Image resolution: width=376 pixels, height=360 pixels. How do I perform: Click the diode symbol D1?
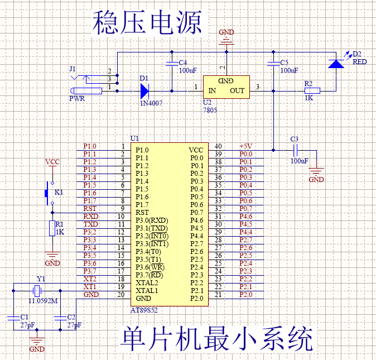point(144,90)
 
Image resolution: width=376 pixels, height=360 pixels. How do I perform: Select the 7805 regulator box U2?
point(226,87)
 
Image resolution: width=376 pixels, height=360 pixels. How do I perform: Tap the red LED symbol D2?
point(336,63)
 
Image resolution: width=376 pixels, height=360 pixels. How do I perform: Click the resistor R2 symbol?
point(311,90)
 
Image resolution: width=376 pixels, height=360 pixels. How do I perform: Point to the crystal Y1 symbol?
point(37,290)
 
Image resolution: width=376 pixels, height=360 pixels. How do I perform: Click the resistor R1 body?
point(52,229)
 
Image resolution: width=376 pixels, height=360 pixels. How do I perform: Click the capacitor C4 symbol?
point(171,64)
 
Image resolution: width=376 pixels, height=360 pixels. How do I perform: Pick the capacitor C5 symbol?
point(273,64)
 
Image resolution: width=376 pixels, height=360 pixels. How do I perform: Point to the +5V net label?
point(245,146)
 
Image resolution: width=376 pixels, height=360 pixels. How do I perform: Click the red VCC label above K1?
point(52,162)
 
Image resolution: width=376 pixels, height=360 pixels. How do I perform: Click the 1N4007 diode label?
point(151,103)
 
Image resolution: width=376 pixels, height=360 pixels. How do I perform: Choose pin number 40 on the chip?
point(218,146)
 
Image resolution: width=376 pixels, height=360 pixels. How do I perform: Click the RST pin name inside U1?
point(142,212)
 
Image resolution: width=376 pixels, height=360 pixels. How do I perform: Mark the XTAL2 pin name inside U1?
point(147,282)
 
